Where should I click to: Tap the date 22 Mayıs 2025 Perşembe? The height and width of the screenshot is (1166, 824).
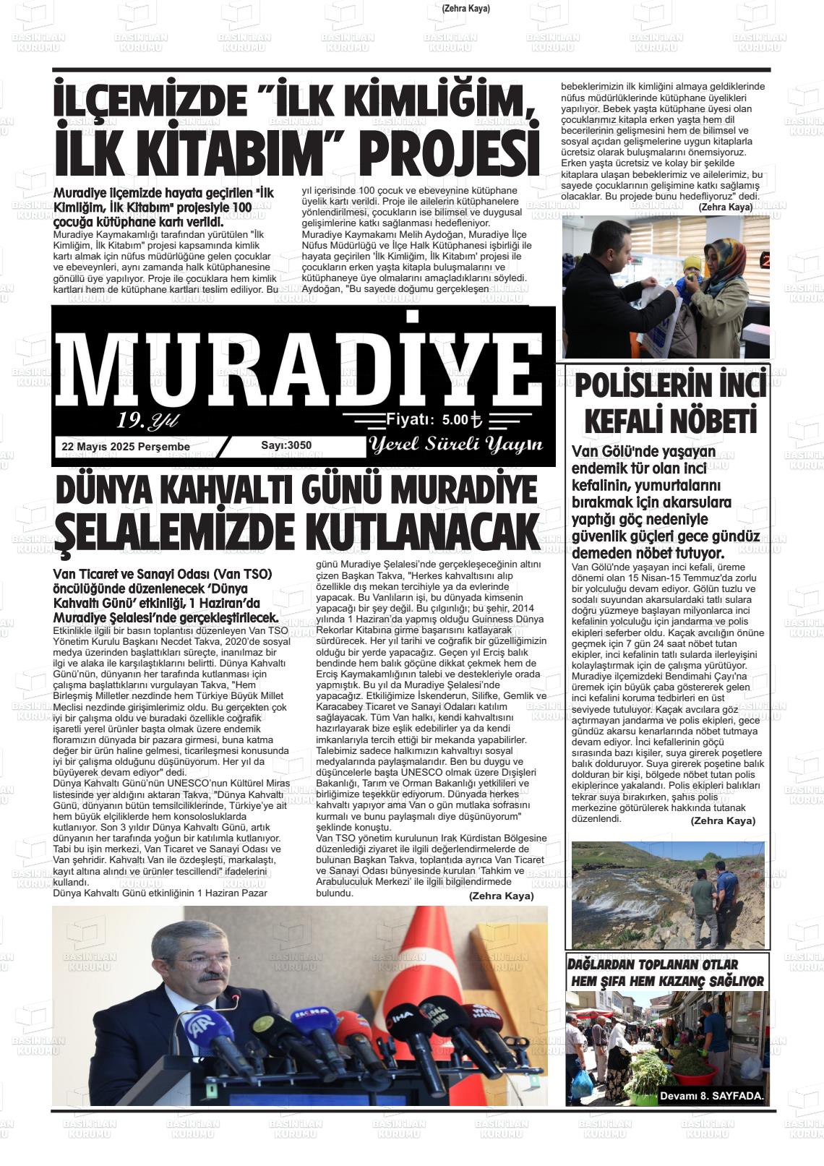click(x=126, y=447)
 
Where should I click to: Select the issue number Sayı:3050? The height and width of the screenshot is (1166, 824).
click(x=286, y=445)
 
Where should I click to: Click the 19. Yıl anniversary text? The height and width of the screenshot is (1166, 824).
click(x=147, y=420)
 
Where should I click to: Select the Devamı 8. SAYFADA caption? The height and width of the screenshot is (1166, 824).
click(x=711, y=1096)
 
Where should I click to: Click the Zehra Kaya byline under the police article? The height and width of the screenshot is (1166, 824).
click(x=723, y=820)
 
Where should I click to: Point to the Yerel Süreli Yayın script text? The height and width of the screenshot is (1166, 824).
click(x=455, y=445)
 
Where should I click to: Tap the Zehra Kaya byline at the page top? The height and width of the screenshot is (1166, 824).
click(x=465, y=9)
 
